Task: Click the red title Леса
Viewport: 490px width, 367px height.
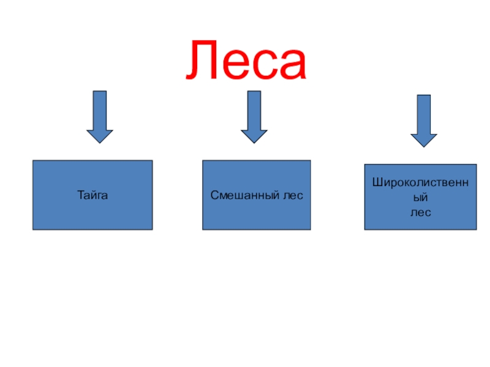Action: click(x=246, y=59)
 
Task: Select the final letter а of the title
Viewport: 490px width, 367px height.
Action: click(x=290, y=64)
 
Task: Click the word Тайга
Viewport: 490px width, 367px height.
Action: click(x=92, y=196)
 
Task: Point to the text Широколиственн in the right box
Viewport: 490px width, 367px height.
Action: click(x=420, y=183)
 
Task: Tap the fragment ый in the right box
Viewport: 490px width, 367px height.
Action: click(x=420, y=198)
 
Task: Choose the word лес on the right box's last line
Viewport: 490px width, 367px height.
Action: click(x=420, y=212)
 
